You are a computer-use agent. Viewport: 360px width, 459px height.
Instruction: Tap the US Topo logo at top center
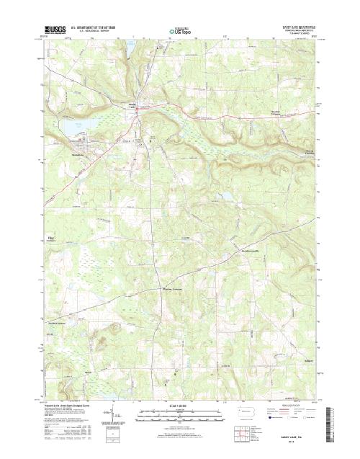180,32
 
